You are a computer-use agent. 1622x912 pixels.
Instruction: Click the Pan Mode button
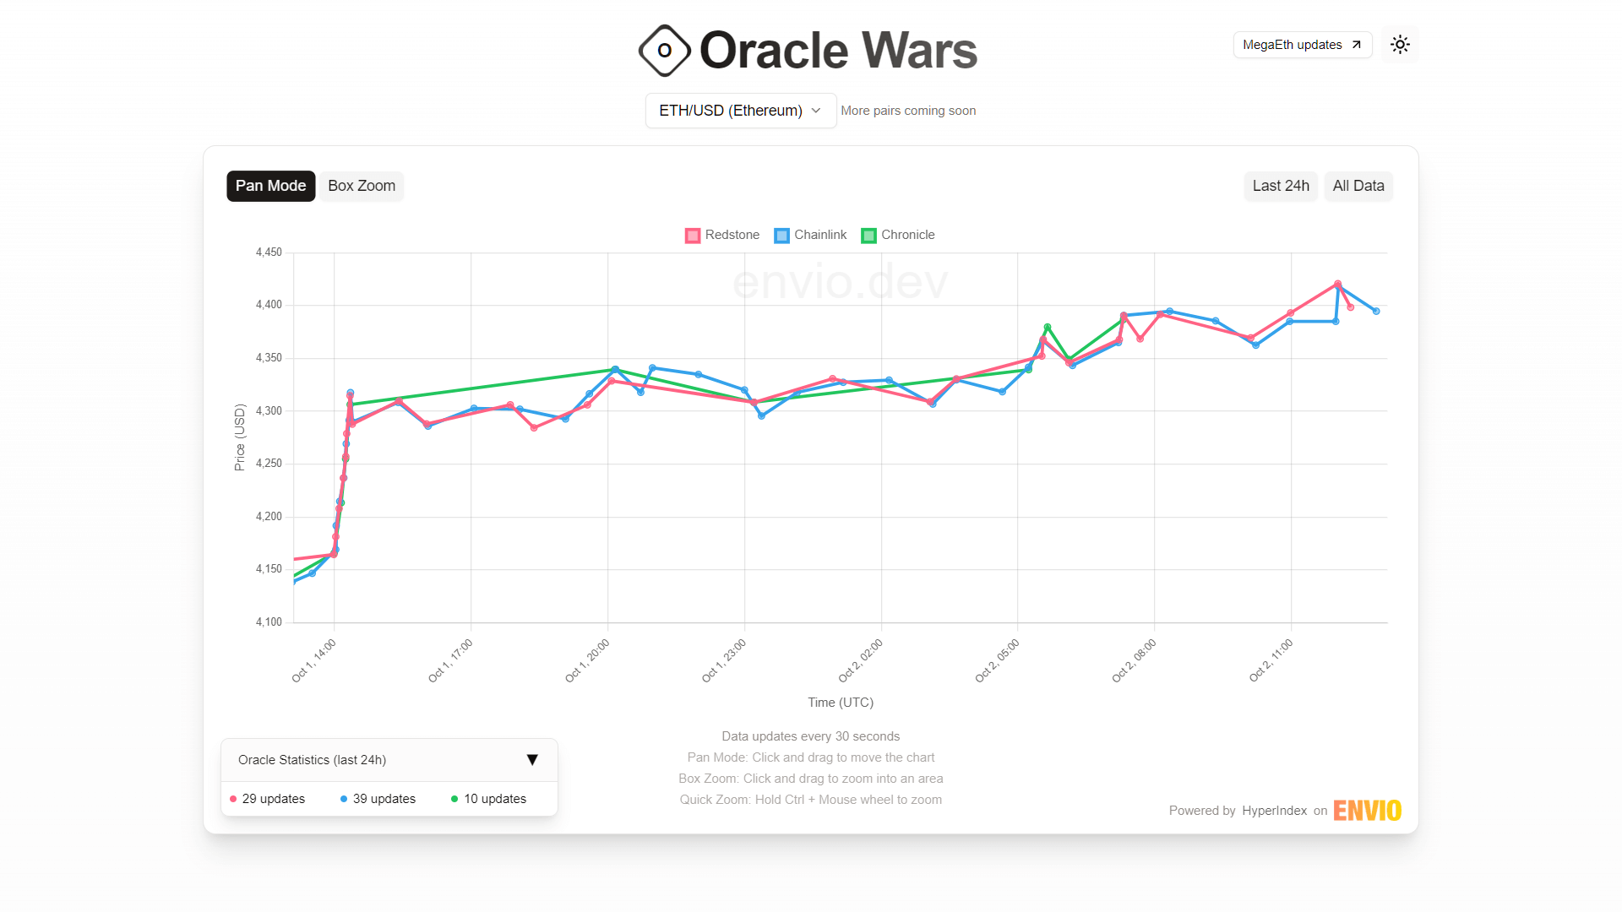pos(270,186)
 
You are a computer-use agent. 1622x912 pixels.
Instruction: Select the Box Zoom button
pos(362,186)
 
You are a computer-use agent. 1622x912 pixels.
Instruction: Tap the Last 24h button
pos(1280,186)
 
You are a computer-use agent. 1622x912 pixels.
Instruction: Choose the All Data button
pos(1358,186)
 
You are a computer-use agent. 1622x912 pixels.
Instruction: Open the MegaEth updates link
pos(1302,45)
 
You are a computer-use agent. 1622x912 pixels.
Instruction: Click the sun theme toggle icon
pos(1400,45)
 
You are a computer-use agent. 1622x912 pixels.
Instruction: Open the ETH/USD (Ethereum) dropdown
pos(740,111)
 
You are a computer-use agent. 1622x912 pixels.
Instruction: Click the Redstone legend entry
pos(722,235)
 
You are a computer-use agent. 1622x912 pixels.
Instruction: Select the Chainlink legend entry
pos(810,235)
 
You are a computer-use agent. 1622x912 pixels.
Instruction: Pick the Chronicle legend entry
pos(898,235)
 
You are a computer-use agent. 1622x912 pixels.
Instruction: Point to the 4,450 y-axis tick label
pos(269,252)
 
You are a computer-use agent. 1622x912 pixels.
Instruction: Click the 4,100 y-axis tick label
pos(269,622)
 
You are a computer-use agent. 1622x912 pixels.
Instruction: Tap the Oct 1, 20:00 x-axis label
pos(588,661)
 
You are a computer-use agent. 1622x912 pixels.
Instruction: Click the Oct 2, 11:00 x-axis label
pos(1271,661)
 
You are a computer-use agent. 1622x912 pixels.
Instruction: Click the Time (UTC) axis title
pos(840,703)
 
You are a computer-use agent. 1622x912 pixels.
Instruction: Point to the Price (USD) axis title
pos(240,437)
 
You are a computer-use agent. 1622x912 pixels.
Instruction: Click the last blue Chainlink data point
pos(1376,312)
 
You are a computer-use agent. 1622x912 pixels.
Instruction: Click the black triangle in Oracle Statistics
pos(532,760)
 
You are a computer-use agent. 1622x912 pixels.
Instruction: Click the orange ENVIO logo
pos(1367,811)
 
